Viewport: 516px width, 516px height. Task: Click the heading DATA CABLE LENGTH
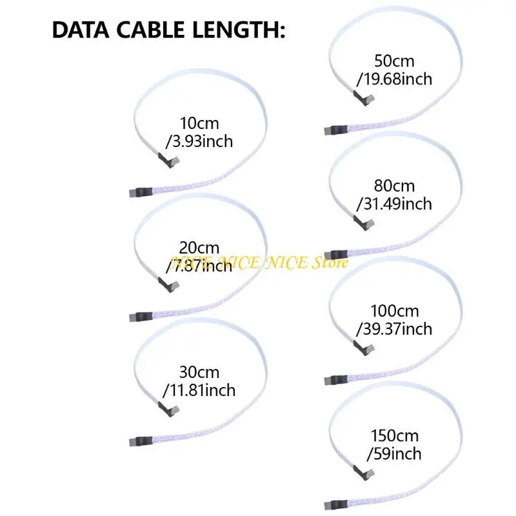pyautogui.click(x=168, y=31)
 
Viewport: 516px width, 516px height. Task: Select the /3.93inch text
pyautogui.click(x=199, y=141)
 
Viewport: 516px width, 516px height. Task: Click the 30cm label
pyautogui.click(x=200, y=372)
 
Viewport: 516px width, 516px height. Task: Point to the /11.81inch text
pyautogui.click(x=200, y=390)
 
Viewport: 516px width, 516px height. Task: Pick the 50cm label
pyautogui.click(x=394, y=62)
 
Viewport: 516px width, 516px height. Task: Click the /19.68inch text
pyautogui.click(x=393, y=79)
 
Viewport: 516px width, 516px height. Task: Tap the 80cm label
pyautogui.click(x=394, y=186)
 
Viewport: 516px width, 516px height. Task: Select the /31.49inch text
pyautogui.click(x=393, y=204)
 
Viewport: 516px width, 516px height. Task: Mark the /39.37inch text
pyautogui.click(x=393, y=329)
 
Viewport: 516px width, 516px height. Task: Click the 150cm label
pyautogui.click(x=394, y=436)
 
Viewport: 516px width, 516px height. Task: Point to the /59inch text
pyautogui.click(x=393, y=454)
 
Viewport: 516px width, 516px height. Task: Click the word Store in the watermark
pyautogui.click(x=331, y=263)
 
